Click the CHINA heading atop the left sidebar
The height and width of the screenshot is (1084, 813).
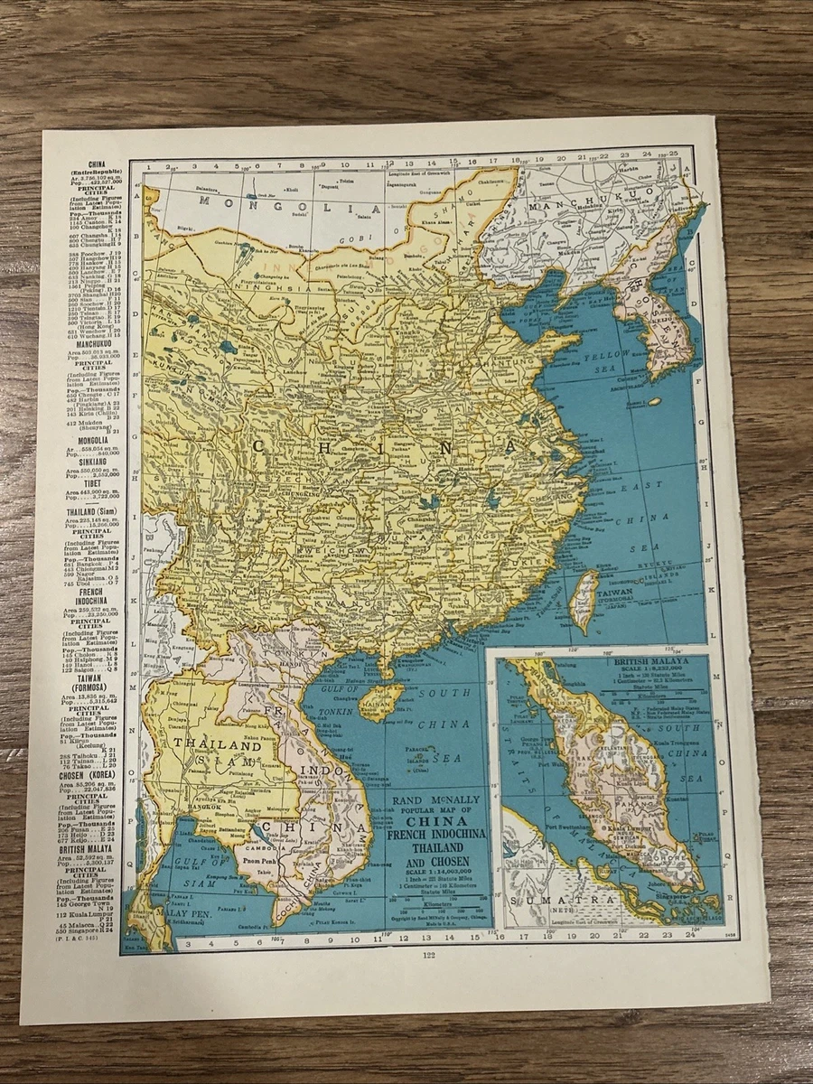[92, 164]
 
